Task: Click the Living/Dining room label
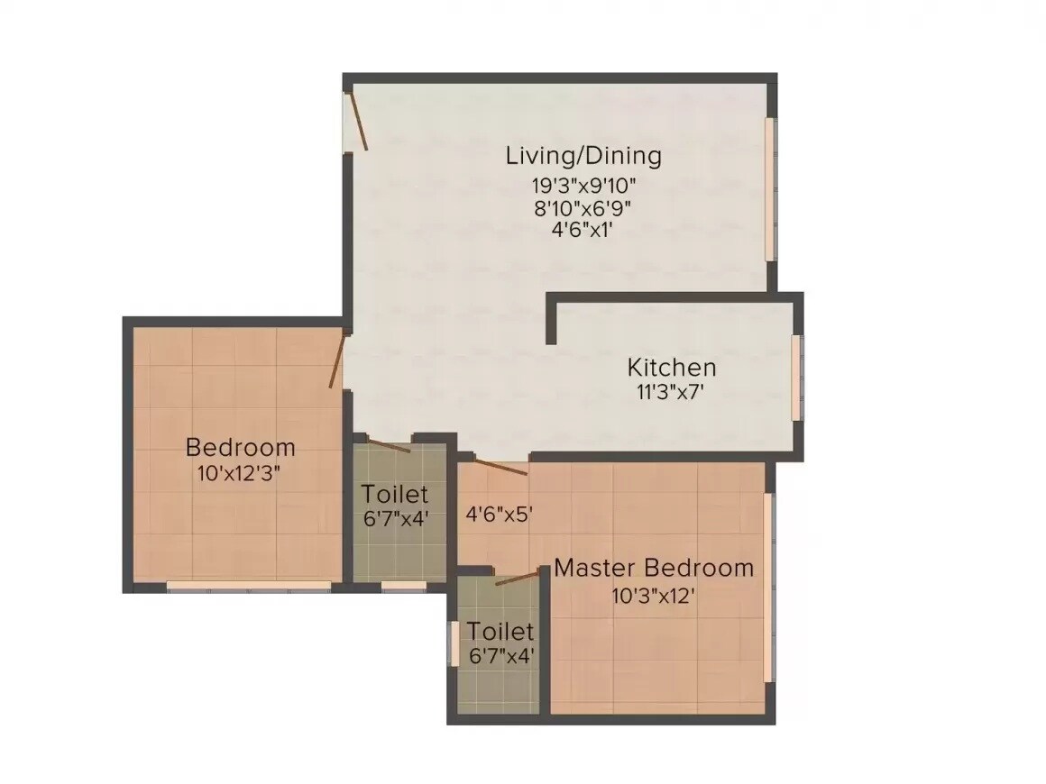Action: [583, 155]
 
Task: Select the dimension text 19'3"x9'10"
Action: [583, 186]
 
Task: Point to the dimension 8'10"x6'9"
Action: [583, 206]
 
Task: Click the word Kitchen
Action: [672, 368]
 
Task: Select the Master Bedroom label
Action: [654, 568]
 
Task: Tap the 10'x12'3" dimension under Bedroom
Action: [240, 473]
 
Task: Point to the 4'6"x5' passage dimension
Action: [500, 515]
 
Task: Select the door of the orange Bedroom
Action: [337, 360]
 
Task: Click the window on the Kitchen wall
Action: [796, 377]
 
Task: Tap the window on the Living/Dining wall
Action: [770, 189]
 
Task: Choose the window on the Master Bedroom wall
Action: [768, 586]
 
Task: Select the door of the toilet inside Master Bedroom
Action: [518, 577]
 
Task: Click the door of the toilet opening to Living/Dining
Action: [388, 444]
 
